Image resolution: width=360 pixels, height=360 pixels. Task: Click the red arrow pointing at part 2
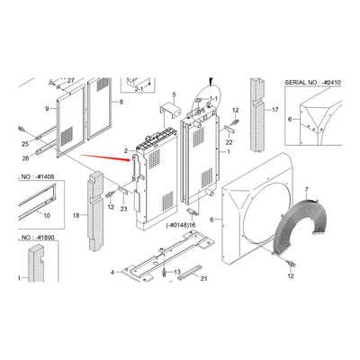tap(101, 159)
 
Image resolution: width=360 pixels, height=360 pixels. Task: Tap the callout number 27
tap(71, 81)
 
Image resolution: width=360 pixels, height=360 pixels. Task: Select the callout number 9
tap(47, 110)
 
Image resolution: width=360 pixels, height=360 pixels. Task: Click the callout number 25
tap(25, 143)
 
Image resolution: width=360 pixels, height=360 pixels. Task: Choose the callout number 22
tap(229, 141)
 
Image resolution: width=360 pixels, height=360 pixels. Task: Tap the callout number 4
tap(112, 272)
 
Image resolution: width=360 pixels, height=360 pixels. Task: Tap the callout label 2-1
tap(139, 90)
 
